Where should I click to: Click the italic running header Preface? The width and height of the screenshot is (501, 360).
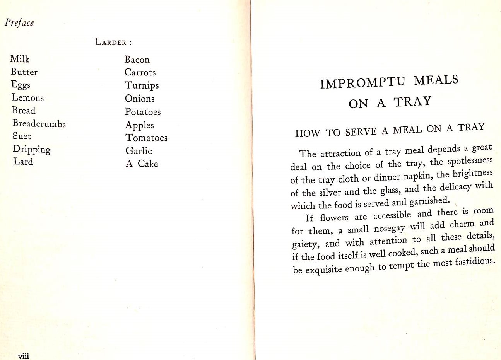pos(19,22)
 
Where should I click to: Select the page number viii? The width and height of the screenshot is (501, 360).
pos(24,356)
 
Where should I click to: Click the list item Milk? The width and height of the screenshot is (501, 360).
pos(20,59)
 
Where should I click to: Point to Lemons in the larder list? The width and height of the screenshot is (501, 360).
pos(27,97)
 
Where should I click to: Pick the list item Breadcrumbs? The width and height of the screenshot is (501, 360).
pos(39,123)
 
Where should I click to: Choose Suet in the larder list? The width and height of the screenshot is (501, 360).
pos(22,136)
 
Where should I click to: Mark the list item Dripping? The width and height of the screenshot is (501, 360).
pos(32,150)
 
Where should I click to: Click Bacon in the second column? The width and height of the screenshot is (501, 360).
pos(137,60)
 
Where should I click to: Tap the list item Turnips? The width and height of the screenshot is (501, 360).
pos(142,85)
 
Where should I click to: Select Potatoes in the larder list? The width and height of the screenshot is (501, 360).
pos(143,112)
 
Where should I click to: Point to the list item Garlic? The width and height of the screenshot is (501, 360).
pos(139,151)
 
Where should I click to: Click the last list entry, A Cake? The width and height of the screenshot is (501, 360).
pos(142,164)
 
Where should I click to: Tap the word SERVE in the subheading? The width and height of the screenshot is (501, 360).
pos(361,132)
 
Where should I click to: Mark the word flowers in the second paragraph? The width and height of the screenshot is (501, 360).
pos(334,218)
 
